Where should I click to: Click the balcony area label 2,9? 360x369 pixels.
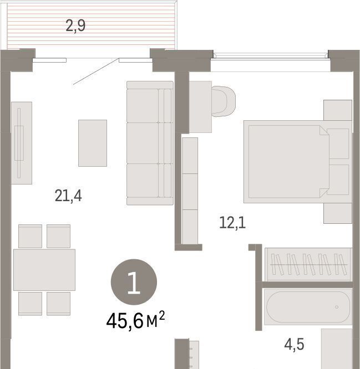coord(75,26)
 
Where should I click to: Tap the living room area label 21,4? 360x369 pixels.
coord(68,196)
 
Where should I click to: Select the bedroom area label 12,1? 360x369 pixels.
coord(232,223)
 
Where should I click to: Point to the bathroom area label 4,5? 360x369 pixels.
coord(294,345)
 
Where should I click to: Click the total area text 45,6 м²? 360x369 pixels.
coord(135,320)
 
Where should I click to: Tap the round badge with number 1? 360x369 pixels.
coord(134,282)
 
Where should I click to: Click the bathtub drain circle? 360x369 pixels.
coord(337,307)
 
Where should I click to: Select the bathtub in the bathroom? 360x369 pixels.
coord(308,307)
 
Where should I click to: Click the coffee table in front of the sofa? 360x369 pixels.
coord(93,143)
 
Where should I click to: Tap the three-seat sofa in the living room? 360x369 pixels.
coord(150,143)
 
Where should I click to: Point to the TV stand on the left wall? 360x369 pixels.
coord(22,143)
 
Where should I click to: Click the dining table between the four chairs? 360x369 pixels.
coord(44,270)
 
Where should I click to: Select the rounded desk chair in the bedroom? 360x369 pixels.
coord(224,101)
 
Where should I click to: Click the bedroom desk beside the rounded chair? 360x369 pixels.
coord(200,107)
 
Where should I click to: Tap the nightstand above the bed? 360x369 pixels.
coord(338,110)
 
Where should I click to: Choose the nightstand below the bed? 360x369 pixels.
coord(338,213)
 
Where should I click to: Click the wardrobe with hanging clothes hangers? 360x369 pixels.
coord(308,264)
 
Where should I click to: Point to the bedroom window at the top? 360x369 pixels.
coord(271,55)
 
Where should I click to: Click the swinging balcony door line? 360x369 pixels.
coord(95,71)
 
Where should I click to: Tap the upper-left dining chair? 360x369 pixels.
coord(30,236)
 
